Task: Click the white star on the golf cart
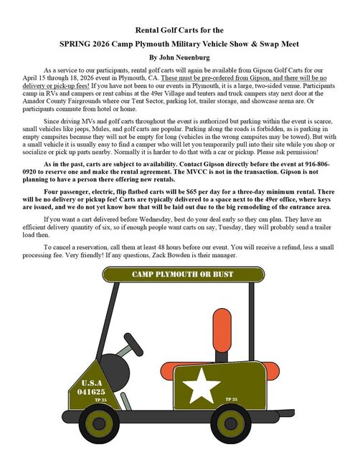point(203,384)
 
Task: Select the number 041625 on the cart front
point(93,392)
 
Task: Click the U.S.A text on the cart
point(92,383)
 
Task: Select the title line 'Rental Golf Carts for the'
point(179,30)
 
